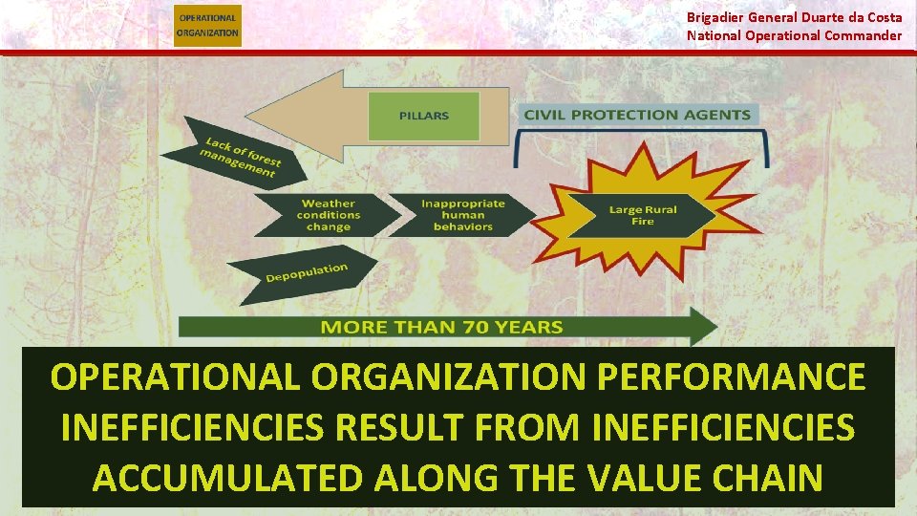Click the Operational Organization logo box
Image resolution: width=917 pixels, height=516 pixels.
click(208, 25)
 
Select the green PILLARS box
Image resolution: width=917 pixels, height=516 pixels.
click(423, 116)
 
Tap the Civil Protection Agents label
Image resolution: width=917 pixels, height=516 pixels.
click(637, 115)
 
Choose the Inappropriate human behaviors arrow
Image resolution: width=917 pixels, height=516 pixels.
click(462, 215)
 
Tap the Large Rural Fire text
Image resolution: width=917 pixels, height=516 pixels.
click(643, 216)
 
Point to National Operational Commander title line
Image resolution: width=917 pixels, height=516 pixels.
click(794, 35)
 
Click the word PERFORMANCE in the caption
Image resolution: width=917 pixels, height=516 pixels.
click(731, 377)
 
